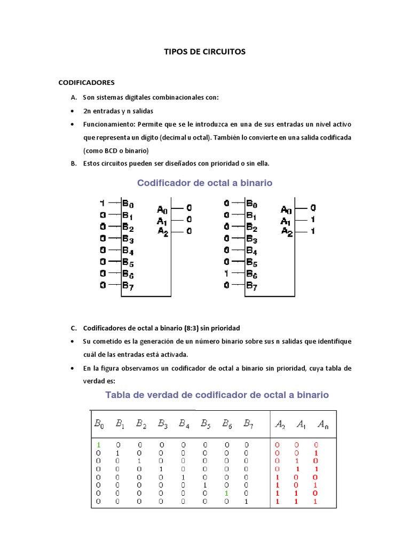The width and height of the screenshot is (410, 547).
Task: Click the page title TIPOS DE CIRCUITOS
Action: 204,52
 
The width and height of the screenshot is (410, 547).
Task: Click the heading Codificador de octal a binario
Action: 204,183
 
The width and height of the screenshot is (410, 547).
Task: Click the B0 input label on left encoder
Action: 128,204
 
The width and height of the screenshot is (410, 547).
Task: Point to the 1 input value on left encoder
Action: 102,204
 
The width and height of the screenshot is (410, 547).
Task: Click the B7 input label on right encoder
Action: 251,285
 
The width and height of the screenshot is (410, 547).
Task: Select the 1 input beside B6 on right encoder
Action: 227,273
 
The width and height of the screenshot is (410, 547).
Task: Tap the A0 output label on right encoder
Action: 286,209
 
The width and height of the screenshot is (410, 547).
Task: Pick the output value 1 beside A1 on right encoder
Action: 313,220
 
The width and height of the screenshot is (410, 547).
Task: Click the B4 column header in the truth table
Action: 184,424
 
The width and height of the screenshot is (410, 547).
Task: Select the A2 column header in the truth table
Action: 280,425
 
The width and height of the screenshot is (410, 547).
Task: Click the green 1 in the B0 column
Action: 99,444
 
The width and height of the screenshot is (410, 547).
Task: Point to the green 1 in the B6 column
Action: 226,494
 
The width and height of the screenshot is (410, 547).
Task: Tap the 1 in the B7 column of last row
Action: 247,502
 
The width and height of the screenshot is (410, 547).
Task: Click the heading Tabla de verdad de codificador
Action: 217,395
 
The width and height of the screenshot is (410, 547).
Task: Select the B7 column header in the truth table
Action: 248,424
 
